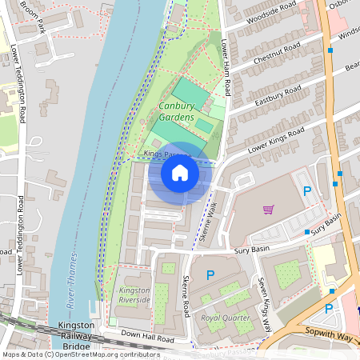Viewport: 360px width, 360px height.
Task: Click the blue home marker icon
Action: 180,172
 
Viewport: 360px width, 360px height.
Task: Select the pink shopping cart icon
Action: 268,210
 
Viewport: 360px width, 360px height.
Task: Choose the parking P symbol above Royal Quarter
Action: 210,274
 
